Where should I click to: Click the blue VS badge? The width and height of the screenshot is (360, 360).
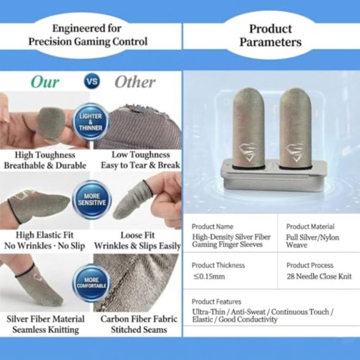tap(92, 81)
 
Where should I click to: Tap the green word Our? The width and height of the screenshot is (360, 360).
tap(45, 82)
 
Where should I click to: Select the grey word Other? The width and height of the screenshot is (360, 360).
tap(135, 82)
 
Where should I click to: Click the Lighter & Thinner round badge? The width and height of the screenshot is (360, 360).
tap(91, 122)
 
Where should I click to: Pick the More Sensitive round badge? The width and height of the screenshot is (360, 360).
tap(92, 199)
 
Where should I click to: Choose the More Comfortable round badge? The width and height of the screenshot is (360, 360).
tap(92, 283)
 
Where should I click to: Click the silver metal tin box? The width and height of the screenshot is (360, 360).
tap(274, 176)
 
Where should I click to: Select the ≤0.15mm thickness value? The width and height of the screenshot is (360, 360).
tap(209, 276)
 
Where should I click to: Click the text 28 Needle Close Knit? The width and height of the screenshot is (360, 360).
tap(319, 276)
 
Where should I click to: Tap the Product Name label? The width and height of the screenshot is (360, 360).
tap(212, 227)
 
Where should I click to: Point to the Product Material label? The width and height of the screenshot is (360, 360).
tap(310, 227)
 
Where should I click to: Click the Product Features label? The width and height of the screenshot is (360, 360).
tap(216, 301)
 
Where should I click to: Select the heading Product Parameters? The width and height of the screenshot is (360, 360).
tap(270, 36)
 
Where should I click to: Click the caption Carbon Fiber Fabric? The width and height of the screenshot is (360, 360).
tap(139, 319)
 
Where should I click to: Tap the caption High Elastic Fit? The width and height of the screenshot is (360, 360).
tap(45, 235)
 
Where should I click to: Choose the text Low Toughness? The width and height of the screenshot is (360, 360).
tap(141, 154)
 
